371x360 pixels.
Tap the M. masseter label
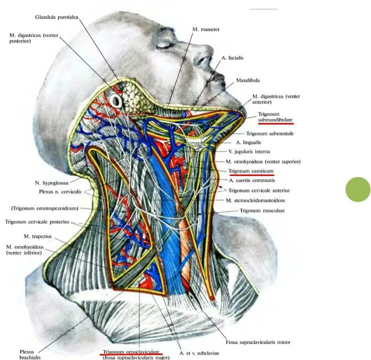point(206,29)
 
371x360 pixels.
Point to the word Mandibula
point(248,80)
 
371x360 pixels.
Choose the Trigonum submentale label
point(269,133)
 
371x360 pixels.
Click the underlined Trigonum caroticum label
point(251,171)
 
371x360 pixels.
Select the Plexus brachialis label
point(27,354)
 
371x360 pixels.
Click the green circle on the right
point(358,189)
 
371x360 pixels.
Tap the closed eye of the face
point(164,44)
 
